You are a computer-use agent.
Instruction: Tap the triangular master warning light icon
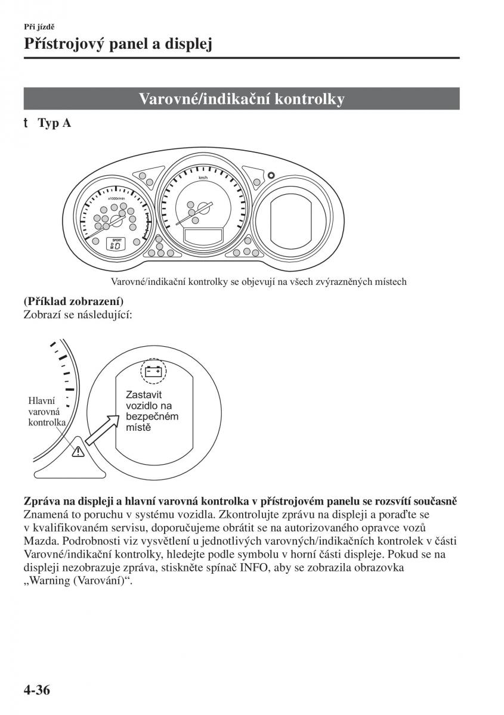(x=78, y=451)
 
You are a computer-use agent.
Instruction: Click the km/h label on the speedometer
(x=204, y=178)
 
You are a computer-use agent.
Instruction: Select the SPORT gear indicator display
(x=117, y=243)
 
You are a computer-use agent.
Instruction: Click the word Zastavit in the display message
(x=144, y=394)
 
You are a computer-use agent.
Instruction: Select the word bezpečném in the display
(x=152, y=416)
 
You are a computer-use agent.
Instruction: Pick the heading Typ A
(x=54, y=123)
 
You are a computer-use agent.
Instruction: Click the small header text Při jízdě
(x=40, y=26)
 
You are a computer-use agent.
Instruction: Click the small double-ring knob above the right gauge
(x=271, y=176)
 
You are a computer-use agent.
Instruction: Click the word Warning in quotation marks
(x=50, y=580)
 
